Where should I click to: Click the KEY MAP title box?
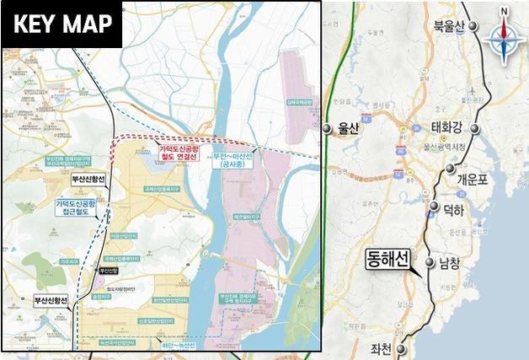[x=62, y=24]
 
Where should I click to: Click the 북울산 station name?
[x=447, y=27]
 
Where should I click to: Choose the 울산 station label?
[x=348, y=128]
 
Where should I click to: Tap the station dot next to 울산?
[x=326, y=128]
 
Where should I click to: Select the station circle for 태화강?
[x=476, y=128]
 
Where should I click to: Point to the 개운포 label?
[x=472, y=179]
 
